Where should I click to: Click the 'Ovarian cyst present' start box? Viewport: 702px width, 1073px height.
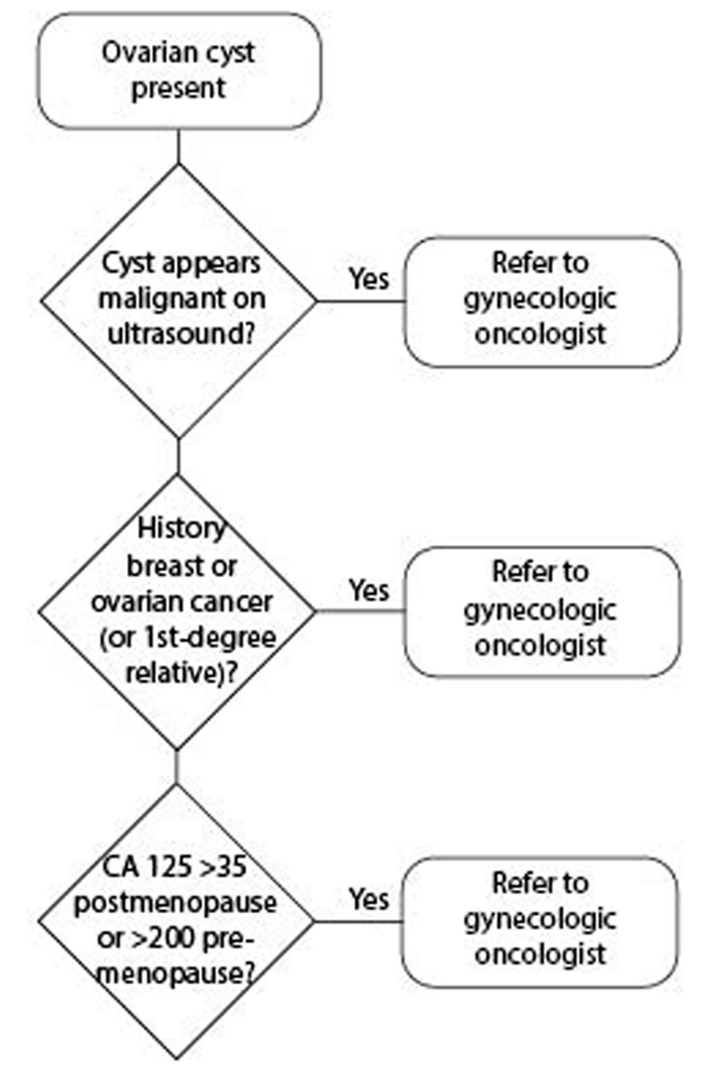[180, 71]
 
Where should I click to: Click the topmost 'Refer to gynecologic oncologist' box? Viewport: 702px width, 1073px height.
[542, 302]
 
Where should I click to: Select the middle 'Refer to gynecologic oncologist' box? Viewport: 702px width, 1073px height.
[542, 612]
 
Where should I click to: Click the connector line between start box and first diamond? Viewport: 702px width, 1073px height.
[178, 147]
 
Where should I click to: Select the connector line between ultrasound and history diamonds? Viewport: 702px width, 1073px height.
[178, 456]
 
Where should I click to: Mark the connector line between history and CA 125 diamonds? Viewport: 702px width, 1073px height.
[176, 767]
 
